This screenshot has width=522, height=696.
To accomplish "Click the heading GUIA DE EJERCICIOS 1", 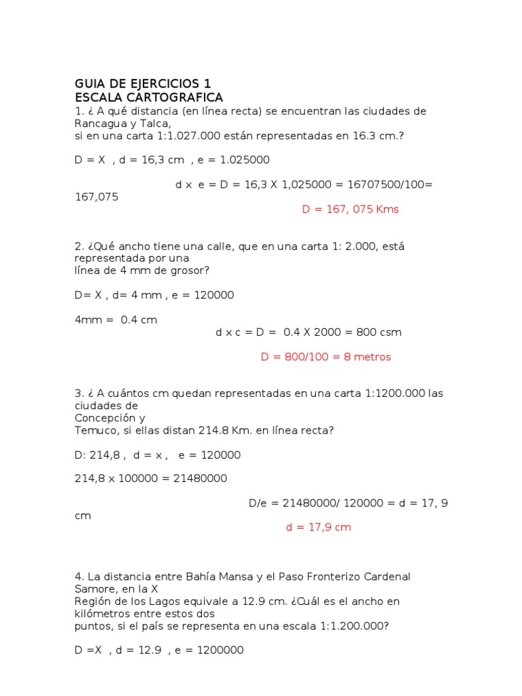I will [143, 84].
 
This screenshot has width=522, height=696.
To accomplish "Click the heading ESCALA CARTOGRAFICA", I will [149, 98].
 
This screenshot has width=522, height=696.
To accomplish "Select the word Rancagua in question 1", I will [98, 124].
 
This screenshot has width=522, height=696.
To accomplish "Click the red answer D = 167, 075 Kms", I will [350, 209].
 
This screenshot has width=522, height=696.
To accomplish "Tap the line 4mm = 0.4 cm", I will [116, 320].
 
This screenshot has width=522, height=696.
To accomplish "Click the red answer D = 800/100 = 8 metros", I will [326, 357].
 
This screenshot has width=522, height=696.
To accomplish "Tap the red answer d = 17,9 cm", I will [318, 527].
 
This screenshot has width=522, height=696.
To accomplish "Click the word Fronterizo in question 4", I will [331, 576].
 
